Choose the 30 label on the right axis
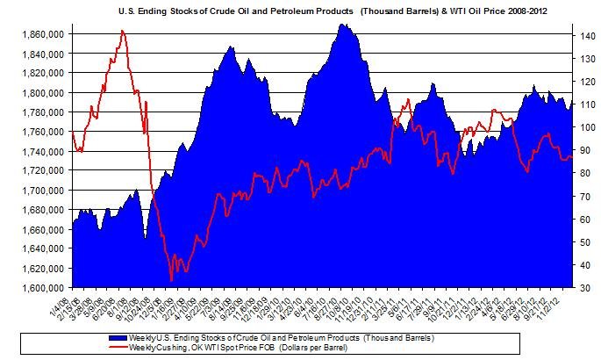[583, 288]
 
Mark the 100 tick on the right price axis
[585, 127]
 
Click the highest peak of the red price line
[123, 31]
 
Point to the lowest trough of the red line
[171, 280]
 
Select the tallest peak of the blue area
[343, 24]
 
